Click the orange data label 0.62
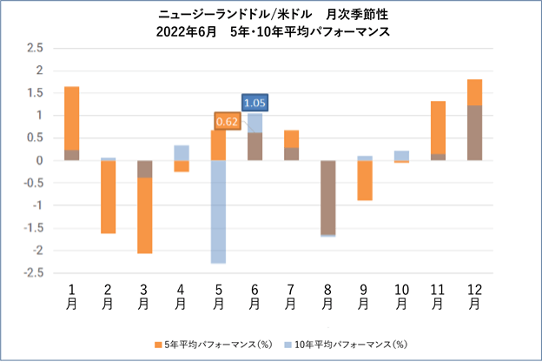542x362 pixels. (226, 122)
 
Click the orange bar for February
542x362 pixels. (108, 197)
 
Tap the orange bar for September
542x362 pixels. (364, 180)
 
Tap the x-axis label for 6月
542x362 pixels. (254, 295)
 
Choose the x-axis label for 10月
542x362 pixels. (400, 295)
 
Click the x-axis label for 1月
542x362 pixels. (71, 295)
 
